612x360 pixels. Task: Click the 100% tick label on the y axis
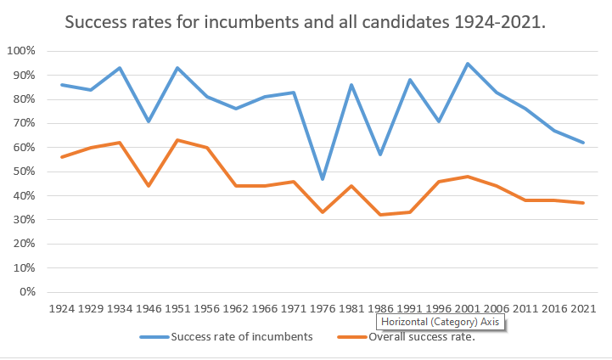click(x=20, y=51)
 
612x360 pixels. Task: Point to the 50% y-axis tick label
click(x=23, y=172)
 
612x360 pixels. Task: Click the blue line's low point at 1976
click(x=323, y=179)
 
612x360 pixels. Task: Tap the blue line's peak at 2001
click(x=468, y=64)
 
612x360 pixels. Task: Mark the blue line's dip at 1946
click(x=149, y=121)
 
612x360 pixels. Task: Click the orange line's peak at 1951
click(x=178, y=140)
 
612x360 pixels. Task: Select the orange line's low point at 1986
click(x=381, y=215)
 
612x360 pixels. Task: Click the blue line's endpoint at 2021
click(x=584, y=143)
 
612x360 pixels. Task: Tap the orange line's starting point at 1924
click(x=62, y=157)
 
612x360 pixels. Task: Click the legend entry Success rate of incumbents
click(x=242, y=337)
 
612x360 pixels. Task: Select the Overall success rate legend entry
click(x=420, y=337)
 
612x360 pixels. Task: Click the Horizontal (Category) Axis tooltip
click(x=441, y=323)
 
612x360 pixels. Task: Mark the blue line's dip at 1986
click(x=381, y=155)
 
